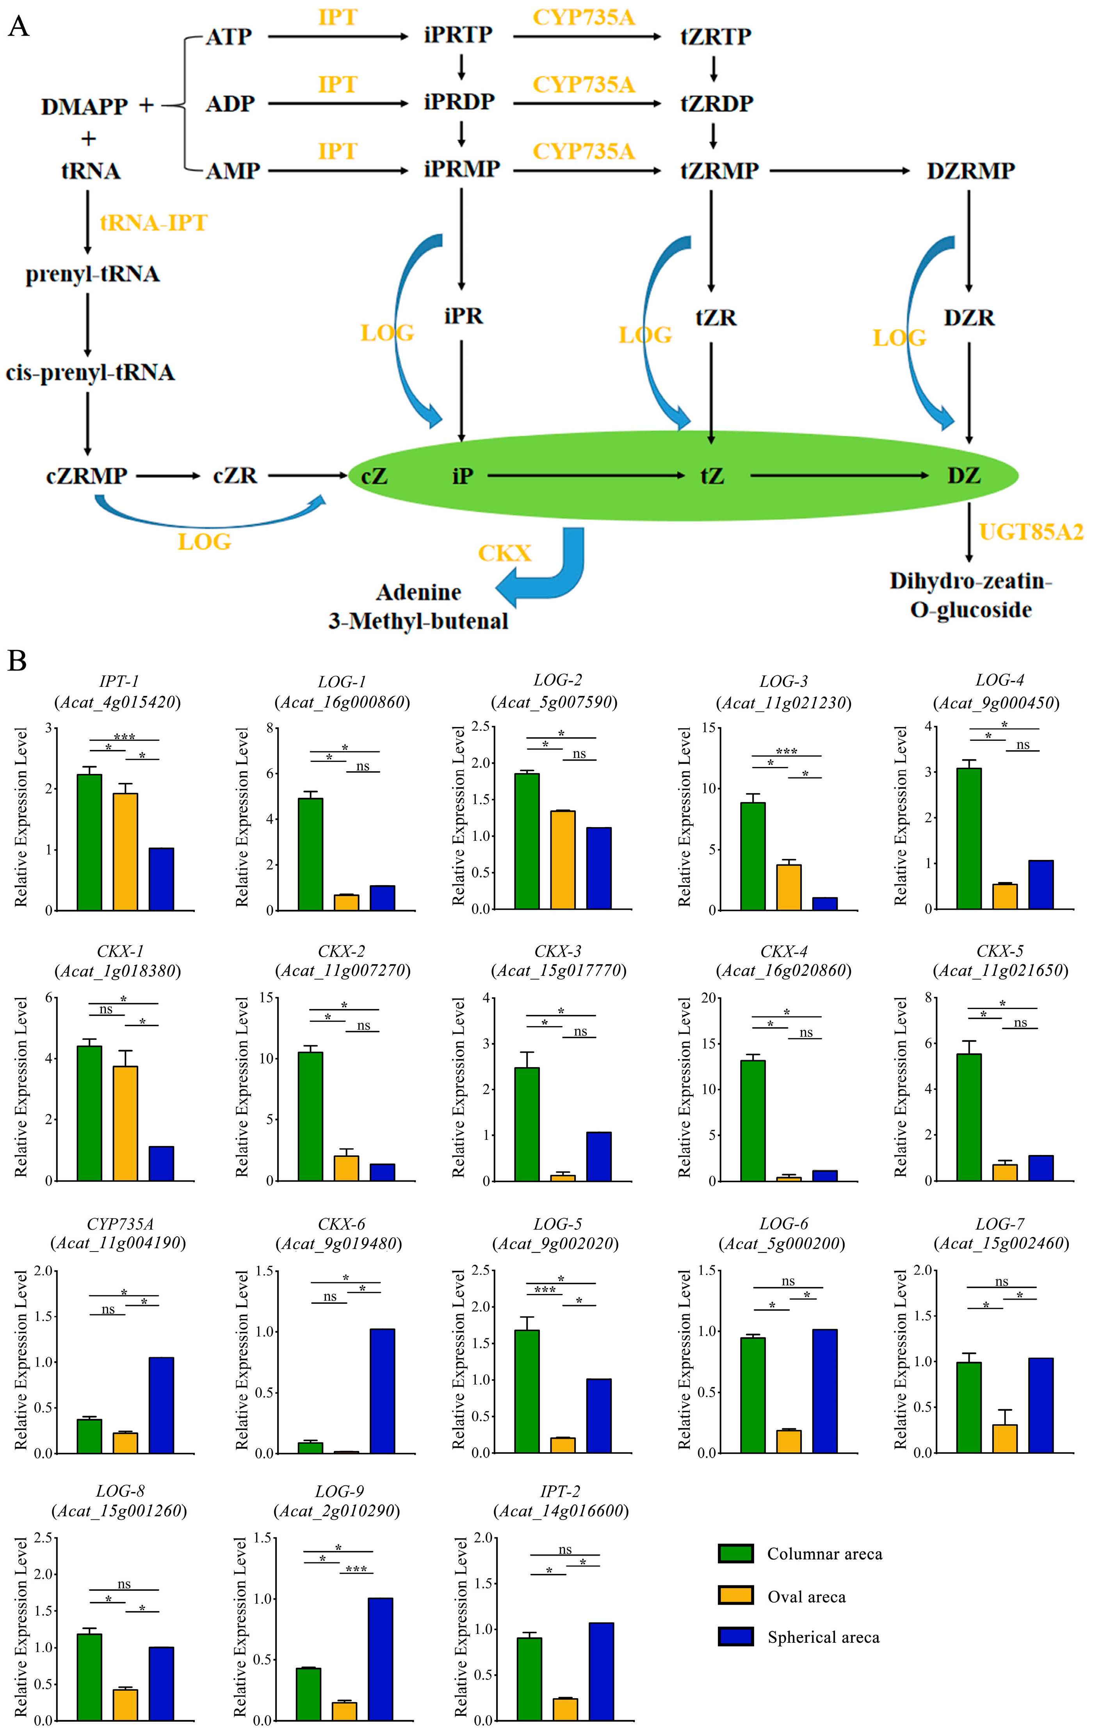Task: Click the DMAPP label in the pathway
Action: (84, 106)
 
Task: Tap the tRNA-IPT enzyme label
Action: (153, 223)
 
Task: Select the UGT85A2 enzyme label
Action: (1031, 532)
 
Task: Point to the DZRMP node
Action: (970, 171)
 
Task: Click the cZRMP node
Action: (86, 476)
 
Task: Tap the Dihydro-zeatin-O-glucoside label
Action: (970, 595)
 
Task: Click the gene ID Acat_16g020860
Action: (783, 970)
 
